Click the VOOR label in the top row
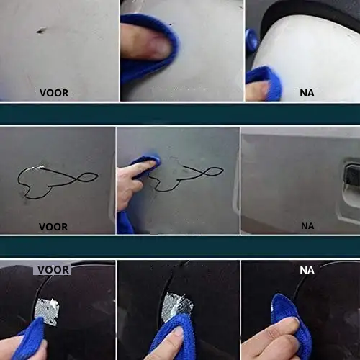coord(54,93)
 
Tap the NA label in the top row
coord(307,93)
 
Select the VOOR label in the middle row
coord(53,227)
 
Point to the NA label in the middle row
coord(307,226)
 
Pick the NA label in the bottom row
coord(307,270)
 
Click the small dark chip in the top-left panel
coord(41,30)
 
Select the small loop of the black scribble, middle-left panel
coord(88,177)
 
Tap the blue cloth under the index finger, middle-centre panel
coord(145,166)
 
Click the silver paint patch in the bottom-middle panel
coord(177,306)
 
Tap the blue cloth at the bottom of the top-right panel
coord(265,81)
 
